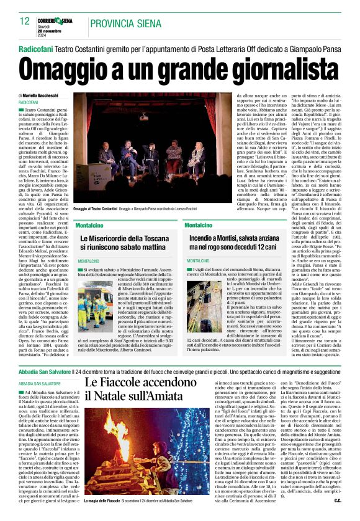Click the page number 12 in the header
pos(25,22)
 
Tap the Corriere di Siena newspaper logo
pos(57,20)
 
